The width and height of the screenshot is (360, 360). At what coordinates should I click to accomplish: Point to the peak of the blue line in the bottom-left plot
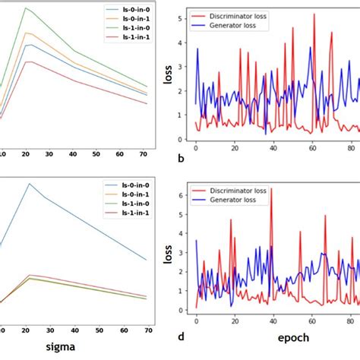click(x=30, y=183)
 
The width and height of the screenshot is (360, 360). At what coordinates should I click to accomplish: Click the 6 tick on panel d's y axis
click(x=178, y=195)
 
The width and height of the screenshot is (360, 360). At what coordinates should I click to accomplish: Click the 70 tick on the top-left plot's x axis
click(x=144, y=154)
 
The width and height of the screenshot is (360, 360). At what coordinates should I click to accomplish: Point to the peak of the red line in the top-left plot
click(x=27, y=62)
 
